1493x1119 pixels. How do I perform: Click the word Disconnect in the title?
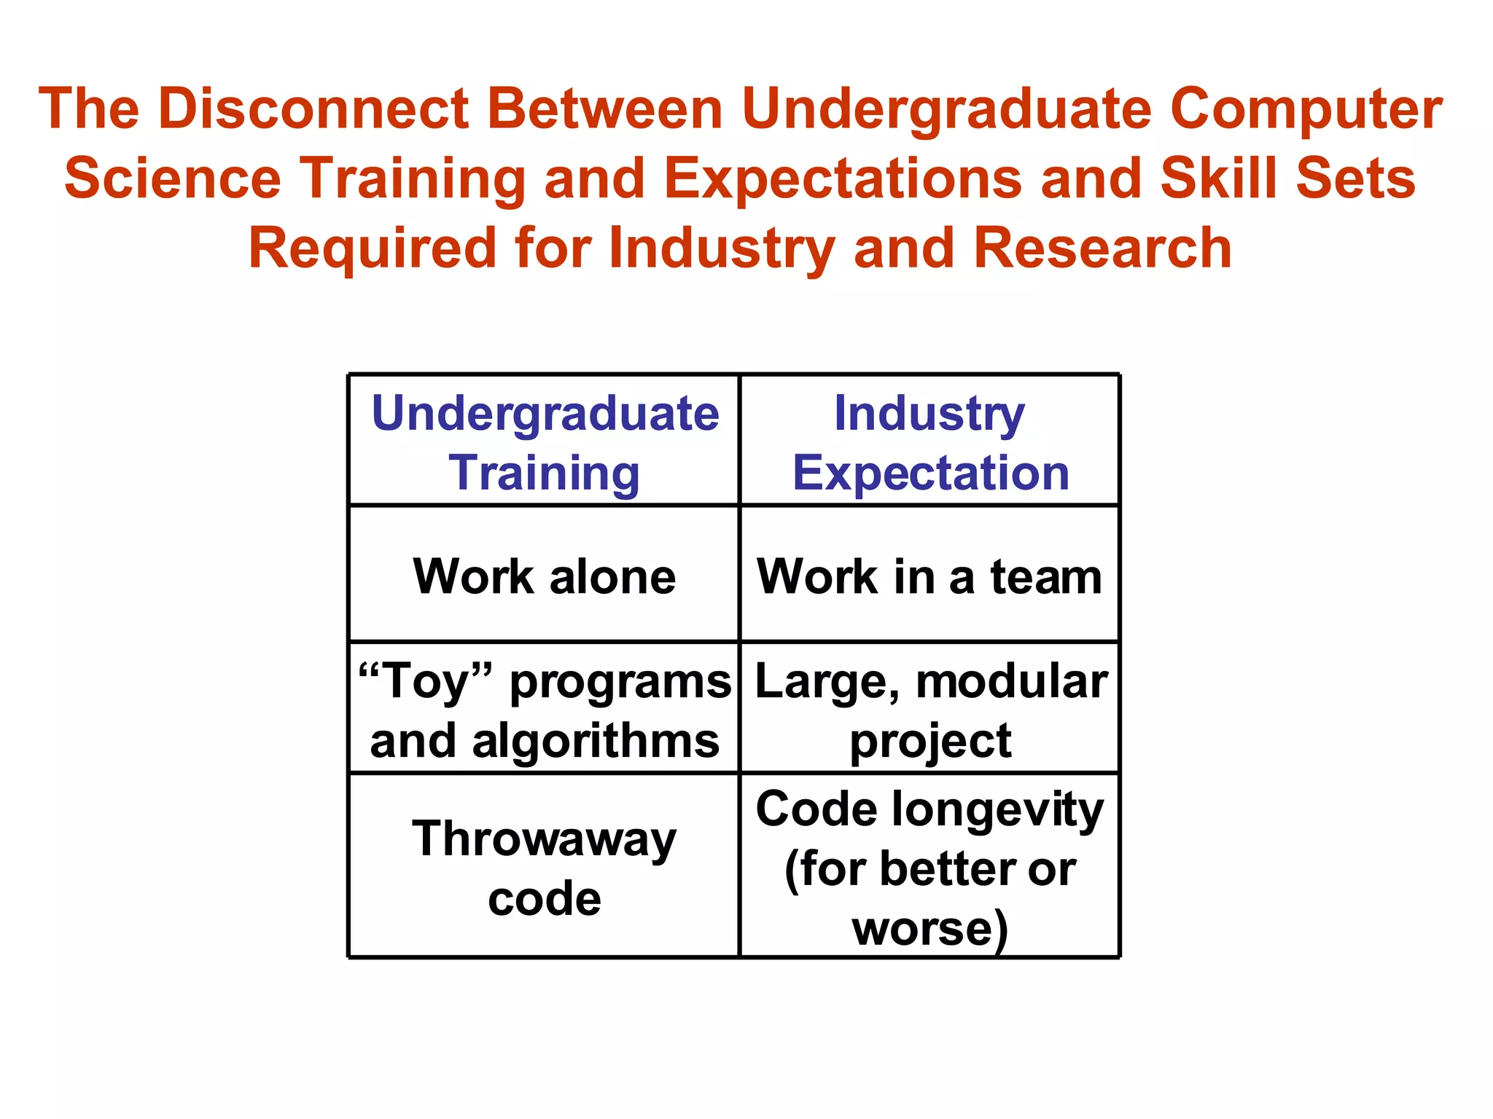tap(313, 109)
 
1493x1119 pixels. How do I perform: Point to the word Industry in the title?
tap(722, 248)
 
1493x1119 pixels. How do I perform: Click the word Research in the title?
tap(1102, 248)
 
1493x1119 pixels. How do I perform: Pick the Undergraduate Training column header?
tap(545, 442)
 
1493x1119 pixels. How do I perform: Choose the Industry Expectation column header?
tap(930, 442)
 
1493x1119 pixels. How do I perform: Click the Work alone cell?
tap(545, 576)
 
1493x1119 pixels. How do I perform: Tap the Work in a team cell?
tap(930, 576)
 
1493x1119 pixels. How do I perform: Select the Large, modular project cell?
tap(930, 710)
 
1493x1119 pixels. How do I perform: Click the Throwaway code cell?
tap(545, 868)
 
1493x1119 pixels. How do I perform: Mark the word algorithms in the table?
tap(596, 741)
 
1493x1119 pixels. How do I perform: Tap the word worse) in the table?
tap(930, 929)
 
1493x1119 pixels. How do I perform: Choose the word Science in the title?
tap(173, 178)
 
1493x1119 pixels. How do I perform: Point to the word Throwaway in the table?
tap(545, 839)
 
